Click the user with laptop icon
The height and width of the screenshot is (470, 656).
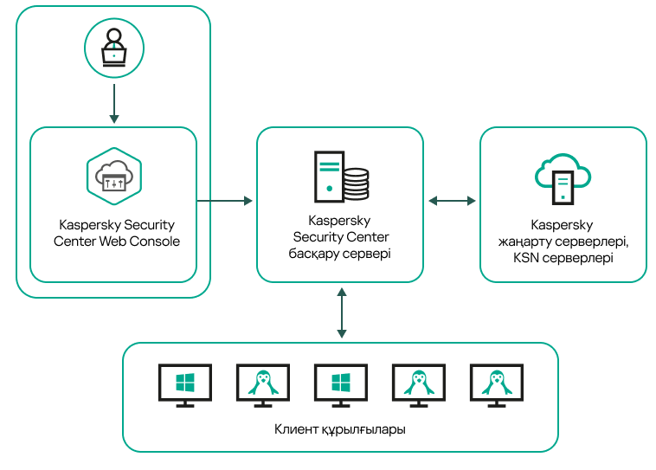[x=113, y=48]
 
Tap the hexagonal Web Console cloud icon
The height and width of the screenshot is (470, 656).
[x=113, y=176]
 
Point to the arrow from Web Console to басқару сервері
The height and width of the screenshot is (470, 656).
[x=225, y=201]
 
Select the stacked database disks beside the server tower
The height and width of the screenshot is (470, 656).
[x=356, y=183]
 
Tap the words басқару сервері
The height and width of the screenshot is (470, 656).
[x=339, y=254]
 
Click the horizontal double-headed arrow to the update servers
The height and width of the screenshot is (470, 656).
[x=452, y=201]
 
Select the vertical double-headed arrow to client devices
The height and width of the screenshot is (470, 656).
[x=342, y=313]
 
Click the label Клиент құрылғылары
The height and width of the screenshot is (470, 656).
[x=340, y=429]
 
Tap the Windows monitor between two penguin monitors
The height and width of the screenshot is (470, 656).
[x=341, y=385]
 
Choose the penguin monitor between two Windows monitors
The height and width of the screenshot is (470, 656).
[x=263, y=385]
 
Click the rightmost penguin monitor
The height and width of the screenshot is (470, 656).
[x=497, y=385]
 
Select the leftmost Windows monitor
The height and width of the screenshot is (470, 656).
[x=185, y=385]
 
